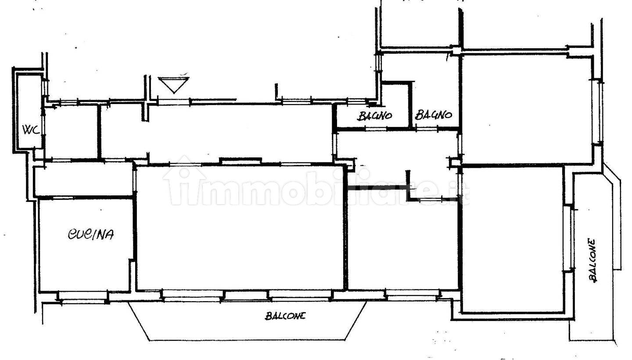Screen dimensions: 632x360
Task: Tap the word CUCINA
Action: tap(91, 234)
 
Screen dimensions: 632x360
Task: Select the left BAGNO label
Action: tap(375, 115)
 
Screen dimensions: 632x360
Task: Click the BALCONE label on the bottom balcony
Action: tap(285, 316)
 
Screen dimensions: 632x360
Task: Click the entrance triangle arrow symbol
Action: tap(173, 85)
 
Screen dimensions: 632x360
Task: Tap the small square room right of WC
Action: tap(72, 133)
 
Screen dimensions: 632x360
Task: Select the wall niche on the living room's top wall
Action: tap(241, 161)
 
